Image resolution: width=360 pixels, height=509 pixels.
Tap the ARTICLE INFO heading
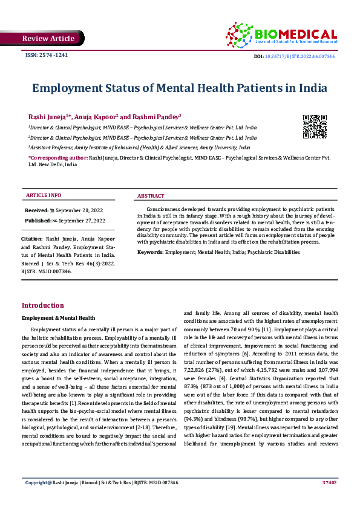tap(43, 196)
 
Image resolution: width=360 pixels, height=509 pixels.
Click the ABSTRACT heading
tap(151, 196)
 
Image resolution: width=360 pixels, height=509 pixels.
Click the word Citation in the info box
tap(32, 239)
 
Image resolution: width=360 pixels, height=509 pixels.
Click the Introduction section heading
tap(42, 305)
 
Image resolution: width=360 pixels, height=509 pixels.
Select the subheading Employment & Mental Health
tap(58, 317)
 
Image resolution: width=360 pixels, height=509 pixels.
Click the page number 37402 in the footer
tap(330, 499)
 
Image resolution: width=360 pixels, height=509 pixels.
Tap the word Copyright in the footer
tap(37, 499)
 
